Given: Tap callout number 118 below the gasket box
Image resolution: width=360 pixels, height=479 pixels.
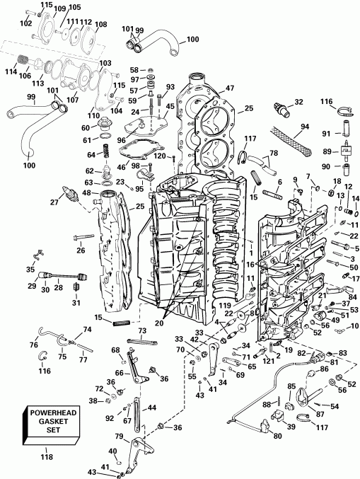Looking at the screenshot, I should (47, 458).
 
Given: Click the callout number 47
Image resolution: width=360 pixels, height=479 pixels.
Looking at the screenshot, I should (230, 88).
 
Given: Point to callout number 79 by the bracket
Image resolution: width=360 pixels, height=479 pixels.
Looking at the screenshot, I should (120, 436).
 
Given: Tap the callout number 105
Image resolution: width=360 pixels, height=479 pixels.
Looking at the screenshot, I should (75, 7).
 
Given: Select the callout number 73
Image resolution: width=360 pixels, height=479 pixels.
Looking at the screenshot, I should (141, 331).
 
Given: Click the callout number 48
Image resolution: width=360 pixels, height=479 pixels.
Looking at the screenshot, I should (86, 192).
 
